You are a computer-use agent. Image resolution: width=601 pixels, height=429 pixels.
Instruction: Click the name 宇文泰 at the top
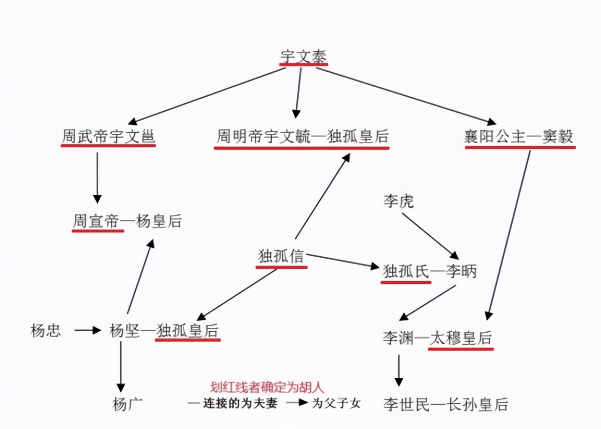click(x=303, y=55)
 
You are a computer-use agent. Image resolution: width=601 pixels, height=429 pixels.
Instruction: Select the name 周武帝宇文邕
click(x=108, y=137)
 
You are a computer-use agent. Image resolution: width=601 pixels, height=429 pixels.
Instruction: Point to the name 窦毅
click(x=558, y=137)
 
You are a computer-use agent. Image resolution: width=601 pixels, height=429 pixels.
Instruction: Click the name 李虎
click(x=399, y=203)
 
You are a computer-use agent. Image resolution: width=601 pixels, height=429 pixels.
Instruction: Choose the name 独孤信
click(x=281, y=257)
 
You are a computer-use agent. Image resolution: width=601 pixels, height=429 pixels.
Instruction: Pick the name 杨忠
click(x=46, y=331)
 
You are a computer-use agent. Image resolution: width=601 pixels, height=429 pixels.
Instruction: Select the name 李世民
click(x=407, y=404)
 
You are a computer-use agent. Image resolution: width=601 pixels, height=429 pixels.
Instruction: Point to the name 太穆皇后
click(x=461, y=338)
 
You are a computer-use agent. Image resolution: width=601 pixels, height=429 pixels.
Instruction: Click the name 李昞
click(x=461, y=272)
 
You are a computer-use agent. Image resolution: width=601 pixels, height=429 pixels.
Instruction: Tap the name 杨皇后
click(x=159, y=221)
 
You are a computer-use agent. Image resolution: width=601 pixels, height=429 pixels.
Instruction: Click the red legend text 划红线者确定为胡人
click(x=267, y=387)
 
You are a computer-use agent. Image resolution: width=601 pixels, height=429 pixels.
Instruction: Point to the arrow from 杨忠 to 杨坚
click(x=87, y=330)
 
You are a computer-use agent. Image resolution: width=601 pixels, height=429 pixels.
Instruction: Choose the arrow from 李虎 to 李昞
click(x=430, y=236)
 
